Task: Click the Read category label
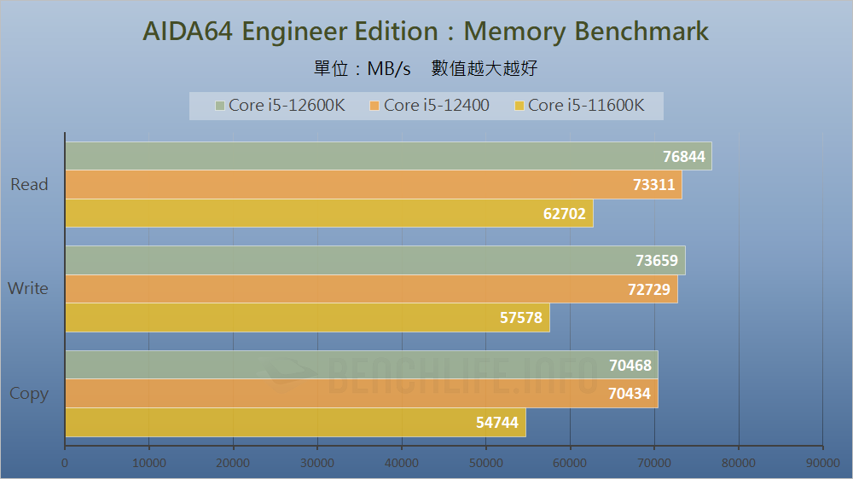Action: click(x=29, y=185)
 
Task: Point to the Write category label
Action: click(x=28, y=289)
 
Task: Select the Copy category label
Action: click(x=29, y=394)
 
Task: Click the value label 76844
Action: click(x=683, y=157)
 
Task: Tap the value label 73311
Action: click(x=653, y=185)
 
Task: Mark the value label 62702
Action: click(x=565, y=214)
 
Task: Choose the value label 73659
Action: click(x=657, y=261)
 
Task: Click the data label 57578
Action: click(x=521, y=318)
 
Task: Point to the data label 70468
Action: click(x=630, y=366)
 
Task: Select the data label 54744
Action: click(x=497, y=423)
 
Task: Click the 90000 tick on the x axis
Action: click(x=822, y=463)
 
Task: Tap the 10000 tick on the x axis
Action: click(x=148, y=463)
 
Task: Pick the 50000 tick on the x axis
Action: click(x=485, y=463)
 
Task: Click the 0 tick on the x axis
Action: click(x=65, y=463)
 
